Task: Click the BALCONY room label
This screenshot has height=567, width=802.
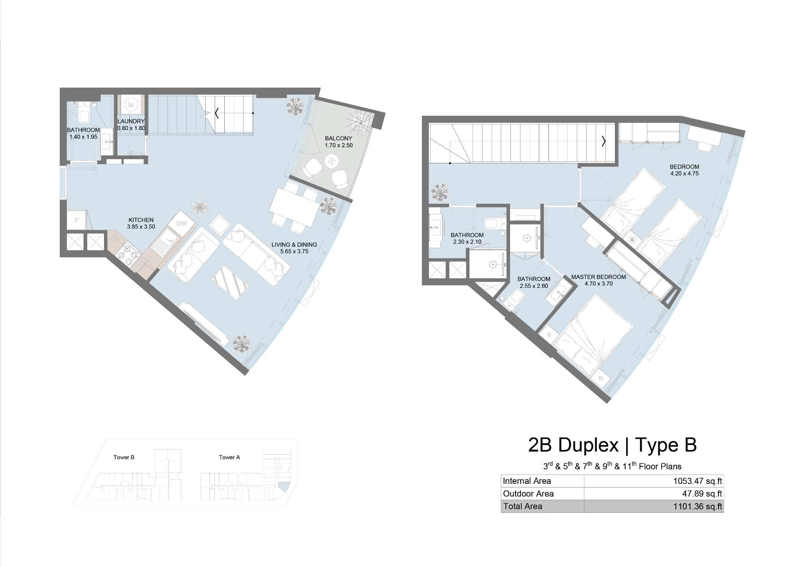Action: tap(338, 138)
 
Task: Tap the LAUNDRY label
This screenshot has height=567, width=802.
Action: tap(131, 121)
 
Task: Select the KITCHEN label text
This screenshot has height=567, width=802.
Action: tap(141, 220)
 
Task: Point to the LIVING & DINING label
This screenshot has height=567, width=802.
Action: tap(294, 244)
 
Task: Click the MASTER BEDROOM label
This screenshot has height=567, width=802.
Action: tap(599, 277)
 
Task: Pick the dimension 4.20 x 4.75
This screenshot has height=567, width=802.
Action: tap(684, 173)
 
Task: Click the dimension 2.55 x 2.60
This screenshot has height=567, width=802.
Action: tap(534, 286)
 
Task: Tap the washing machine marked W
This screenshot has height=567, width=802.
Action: tap(131, 104)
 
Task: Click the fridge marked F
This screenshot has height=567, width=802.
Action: tap(77, 220)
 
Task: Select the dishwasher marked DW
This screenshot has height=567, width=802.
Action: tap(182, 223)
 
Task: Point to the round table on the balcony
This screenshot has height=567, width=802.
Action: tap(332, 160)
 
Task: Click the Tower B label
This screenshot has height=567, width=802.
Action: tap(124, 457)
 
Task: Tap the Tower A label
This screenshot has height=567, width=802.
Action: tap(229, 457)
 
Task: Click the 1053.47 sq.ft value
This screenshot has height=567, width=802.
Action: tap(697, 481)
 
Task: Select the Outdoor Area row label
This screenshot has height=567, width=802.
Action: tap(528, 493)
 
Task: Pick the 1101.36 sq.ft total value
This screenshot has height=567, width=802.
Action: tap(697, 506)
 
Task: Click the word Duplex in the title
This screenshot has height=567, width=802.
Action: tap(588, 445)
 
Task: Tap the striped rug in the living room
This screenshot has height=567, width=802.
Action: tap(230, 282)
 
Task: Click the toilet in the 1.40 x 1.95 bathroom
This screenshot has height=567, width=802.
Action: tap(84, 114)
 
